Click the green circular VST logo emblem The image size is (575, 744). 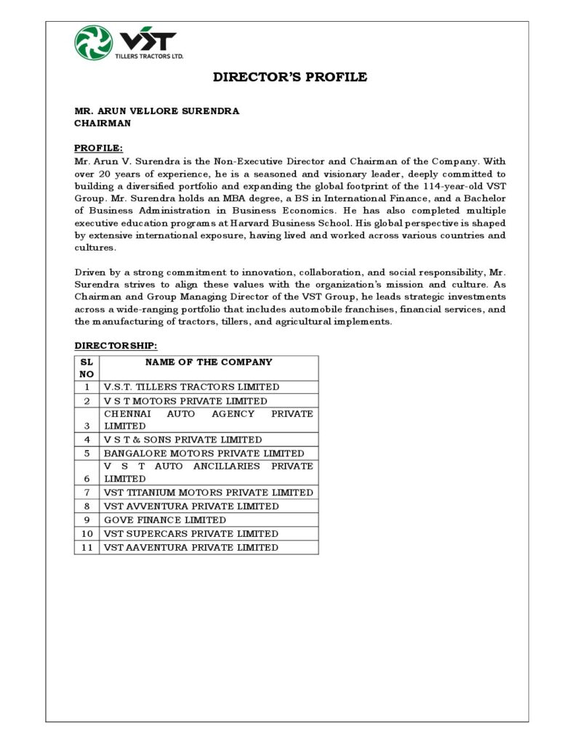click(x=93, y=42)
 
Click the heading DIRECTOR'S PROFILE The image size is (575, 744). click(x=289, y=77)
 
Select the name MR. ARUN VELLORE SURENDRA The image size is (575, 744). click(x=156, y=111)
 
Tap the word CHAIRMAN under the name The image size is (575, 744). click(x=102, y=124)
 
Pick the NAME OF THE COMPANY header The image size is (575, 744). click(x=209, y=362)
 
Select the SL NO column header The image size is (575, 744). click(x=87, y=368)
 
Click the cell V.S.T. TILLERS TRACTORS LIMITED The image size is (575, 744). click(x=191, y=387)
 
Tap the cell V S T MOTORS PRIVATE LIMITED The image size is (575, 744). click(x=185, y=401)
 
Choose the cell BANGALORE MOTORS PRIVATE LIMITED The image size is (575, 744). click(x=204, y=453)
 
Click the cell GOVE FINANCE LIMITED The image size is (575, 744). click(x=165, y=520)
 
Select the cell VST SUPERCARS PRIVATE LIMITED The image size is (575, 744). click(x=190, y=534)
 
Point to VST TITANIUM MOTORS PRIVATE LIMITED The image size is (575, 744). click(x=208, y=493)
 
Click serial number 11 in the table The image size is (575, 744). click(x=87, y=548)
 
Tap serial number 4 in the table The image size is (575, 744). click(x=87, y=440)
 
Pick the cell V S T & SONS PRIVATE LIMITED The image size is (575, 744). click(x=182, y=440)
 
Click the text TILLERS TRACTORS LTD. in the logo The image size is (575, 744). click(x=150, y=56)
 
